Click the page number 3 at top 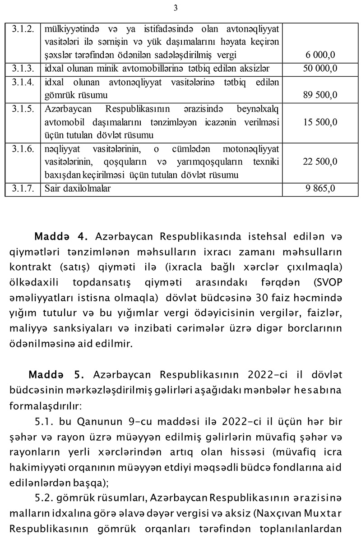(x=176, y=8)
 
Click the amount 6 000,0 (x=320, y=55)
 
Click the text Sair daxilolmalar (x=77, y=188)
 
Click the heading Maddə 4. (x=63, y=237)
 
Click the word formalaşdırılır (x=45, y=405)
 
